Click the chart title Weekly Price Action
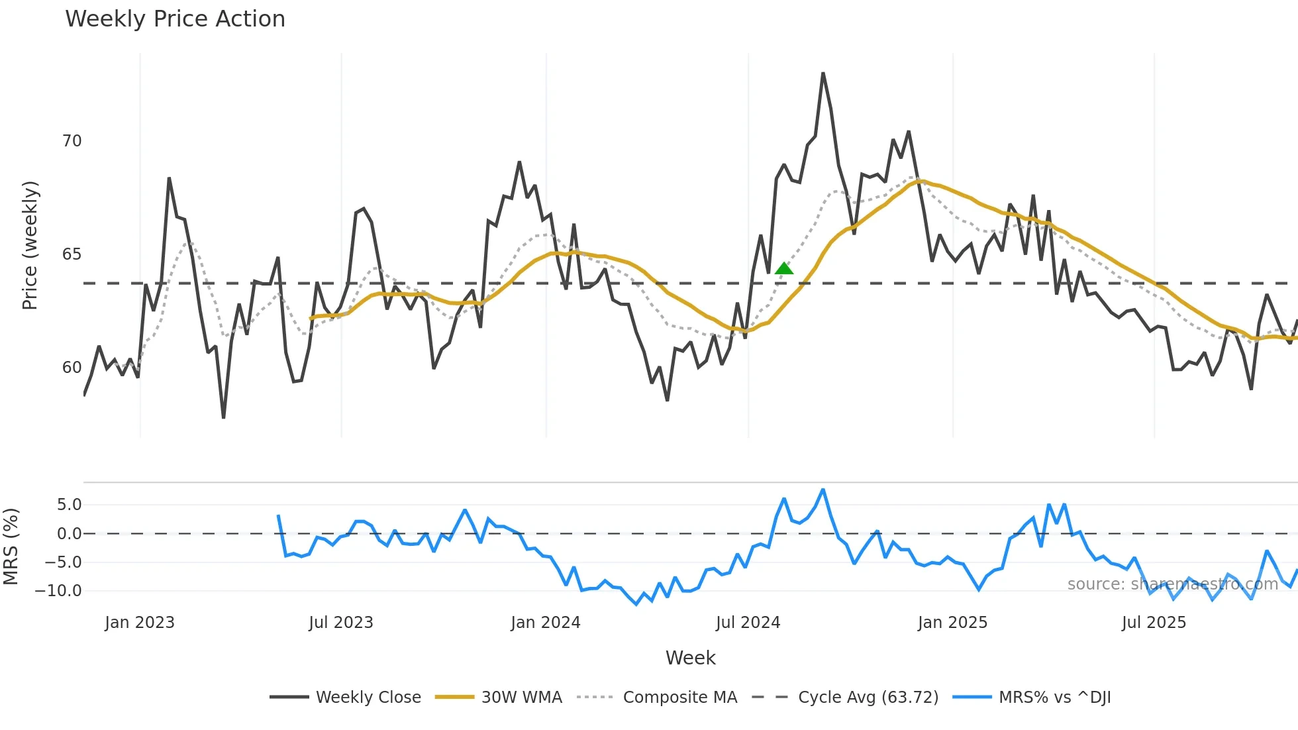(175, 19)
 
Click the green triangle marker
(783, 268)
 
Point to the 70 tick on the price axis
(72, 141)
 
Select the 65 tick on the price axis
(72, 254)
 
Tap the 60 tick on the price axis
(72, 368)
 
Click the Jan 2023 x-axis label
(139, 623)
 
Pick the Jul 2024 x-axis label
(748, 623)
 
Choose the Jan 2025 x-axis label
(952, 623)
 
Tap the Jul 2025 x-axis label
(1153, 623)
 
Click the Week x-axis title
(690, 658)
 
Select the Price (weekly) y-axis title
(30, 245)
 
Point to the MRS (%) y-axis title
(11, 547)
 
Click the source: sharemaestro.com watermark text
(1172, 584)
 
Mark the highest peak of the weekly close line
(823, 74)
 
